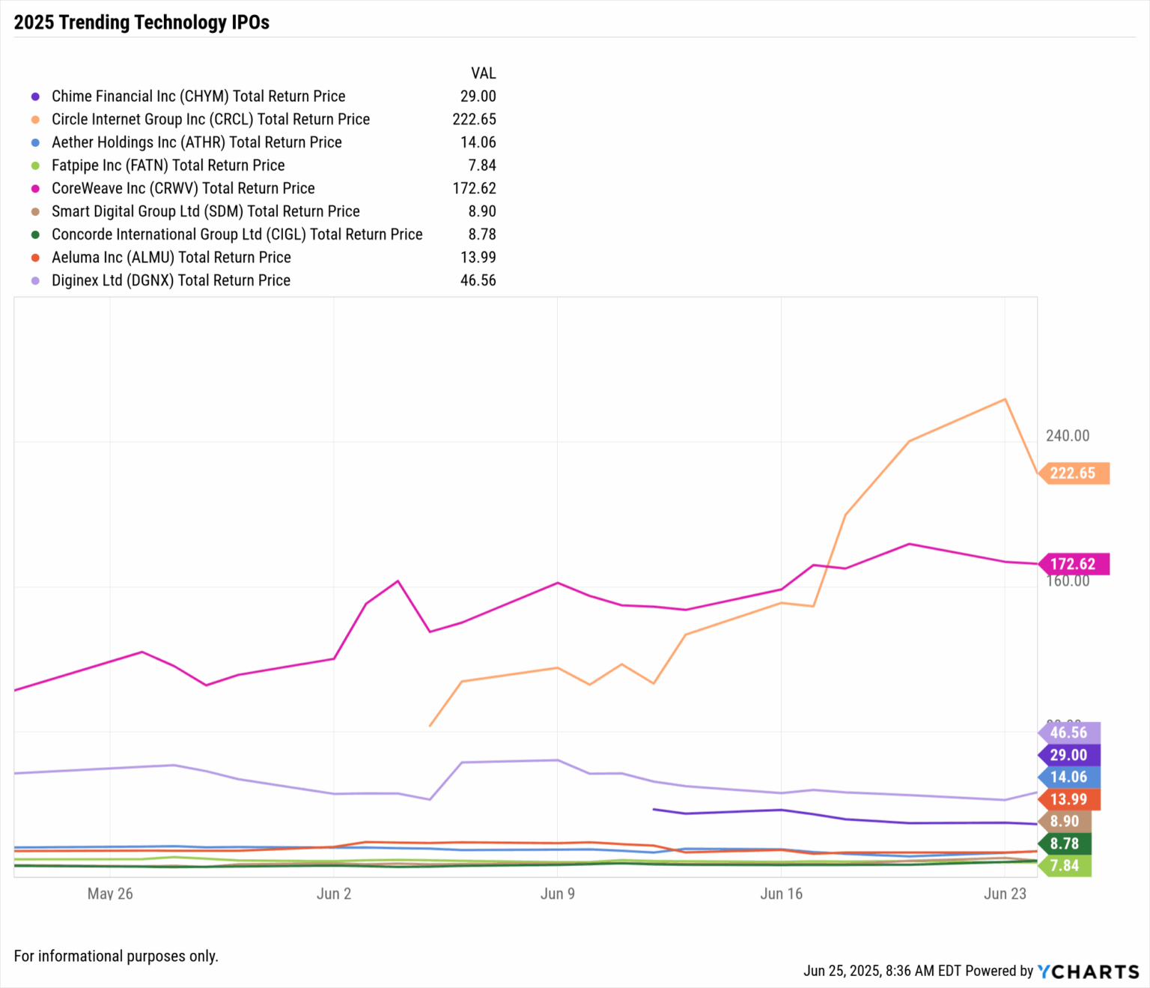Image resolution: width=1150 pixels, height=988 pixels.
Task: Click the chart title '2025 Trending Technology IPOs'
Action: pyautogui.click(x=142, y=22)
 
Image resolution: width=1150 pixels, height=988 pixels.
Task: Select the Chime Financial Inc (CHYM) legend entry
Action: pyautogui.click(x=198, y=96)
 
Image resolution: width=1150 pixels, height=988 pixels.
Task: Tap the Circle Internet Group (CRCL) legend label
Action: pyautogui.click(x=210, y=119)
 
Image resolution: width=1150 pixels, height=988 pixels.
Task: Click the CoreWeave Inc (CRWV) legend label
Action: pyautogui.click(x=183, y=188)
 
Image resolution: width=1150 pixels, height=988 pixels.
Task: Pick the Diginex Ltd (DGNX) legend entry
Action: pyautogui.click(x=171, y=280)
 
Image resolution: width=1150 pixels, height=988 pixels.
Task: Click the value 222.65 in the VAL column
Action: pyautogui.click(x=474, y=119)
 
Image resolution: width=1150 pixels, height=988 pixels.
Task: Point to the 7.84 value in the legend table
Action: pyautogui.click(x=482, y=165)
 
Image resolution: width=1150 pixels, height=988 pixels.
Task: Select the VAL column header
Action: pyautogui.click(x=483, y=73)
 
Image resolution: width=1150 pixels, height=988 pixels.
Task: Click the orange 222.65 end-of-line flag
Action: pyautogui.click(x=1074, y=473)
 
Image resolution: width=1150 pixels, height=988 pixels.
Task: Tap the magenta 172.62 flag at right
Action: pyautogui.click(x=1074, y=564)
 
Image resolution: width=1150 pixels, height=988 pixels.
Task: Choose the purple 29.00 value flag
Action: pyautogui.click(x=1068, y=755)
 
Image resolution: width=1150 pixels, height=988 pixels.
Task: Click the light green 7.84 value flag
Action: pyautogui.click(x=1065, y=866)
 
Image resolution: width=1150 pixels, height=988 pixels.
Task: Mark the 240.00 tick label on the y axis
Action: pyautogui.click(x=1068, y=435)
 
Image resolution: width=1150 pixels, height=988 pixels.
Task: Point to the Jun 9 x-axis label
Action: pyautogui.click(x=557, y=894)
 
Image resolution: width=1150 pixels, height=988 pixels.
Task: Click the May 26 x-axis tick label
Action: pyautogui.click(x=110, y=894)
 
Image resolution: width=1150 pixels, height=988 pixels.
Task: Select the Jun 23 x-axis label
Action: pyautogui.click(x=1005, y=894)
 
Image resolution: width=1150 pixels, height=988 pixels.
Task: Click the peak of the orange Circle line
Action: pyautogui.click(x=1005, y=399)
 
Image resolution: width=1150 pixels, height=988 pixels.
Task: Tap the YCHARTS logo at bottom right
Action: pyautogui.click(x=1088, y=972)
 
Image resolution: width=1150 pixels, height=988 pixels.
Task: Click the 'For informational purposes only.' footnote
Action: pyautogui.click(x=116, y=956)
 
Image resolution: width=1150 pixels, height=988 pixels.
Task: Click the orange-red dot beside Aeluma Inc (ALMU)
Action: pyautogui.click(x=35, y=258)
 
